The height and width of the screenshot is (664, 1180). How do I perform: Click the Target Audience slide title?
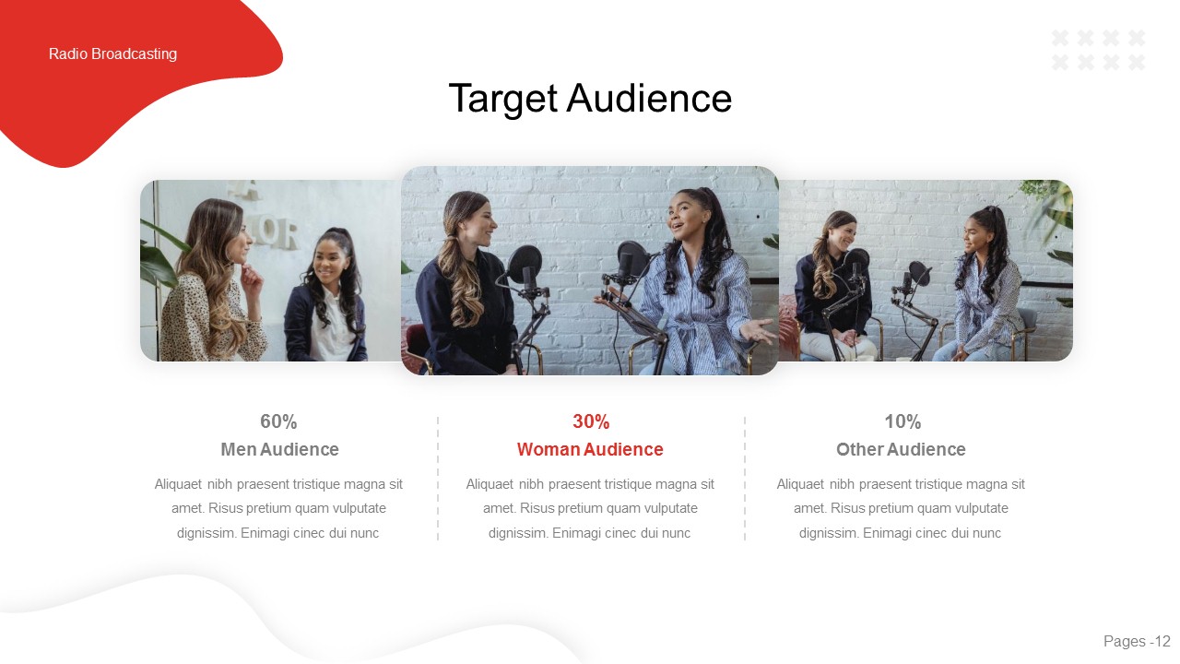pos(590,99)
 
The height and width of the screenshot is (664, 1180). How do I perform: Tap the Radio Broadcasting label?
pos(112,54)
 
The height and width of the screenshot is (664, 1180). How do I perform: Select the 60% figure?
pos(278,421)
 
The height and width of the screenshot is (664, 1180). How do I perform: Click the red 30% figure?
pos(591,421)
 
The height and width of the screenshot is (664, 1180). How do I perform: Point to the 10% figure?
pos(903,421)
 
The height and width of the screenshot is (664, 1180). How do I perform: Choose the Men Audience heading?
pos(279,450)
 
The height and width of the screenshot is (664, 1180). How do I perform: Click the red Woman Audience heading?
pos(590,450)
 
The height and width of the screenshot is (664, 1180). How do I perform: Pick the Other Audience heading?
pos(901,450)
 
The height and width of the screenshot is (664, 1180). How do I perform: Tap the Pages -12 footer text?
pos(1137,642)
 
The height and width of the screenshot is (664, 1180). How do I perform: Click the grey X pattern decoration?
pos(1099,50)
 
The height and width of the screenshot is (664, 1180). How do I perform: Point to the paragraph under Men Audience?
pos(278,508)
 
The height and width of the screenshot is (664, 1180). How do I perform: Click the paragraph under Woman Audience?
pos(590,508)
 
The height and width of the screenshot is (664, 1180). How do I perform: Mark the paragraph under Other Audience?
pos(901,508)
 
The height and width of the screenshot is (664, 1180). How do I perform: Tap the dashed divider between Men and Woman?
pos(438,478)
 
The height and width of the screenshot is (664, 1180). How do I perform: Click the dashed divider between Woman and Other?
pos(745,478)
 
